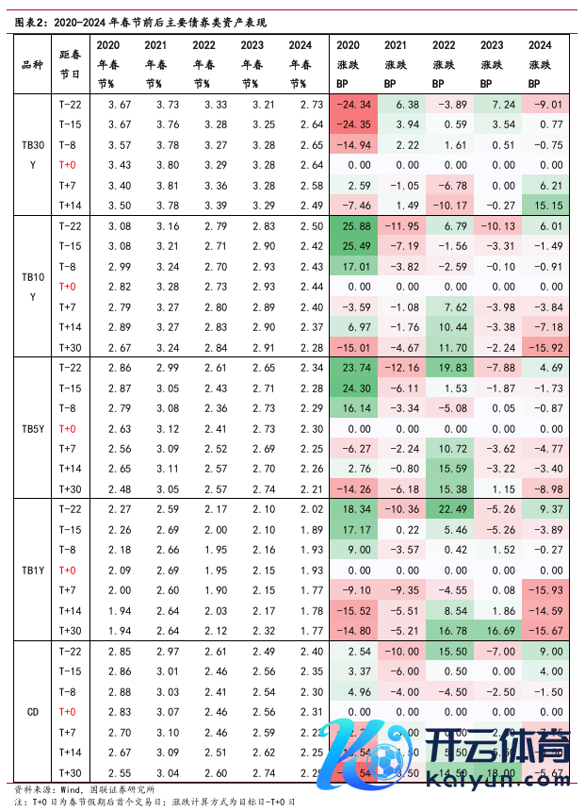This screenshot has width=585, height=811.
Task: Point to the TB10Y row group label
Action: [x=31, y=287]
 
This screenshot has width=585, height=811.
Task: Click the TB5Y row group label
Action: [x=31, y=428]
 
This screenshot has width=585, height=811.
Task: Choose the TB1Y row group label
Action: [x=31, y=570]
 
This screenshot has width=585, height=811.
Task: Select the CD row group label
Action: [x=31, y=712]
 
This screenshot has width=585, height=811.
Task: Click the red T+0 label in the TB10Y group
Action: [x=67, y=287]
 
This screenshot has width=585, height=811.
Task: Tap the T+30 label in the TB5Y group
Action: [x=69, y=489]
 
